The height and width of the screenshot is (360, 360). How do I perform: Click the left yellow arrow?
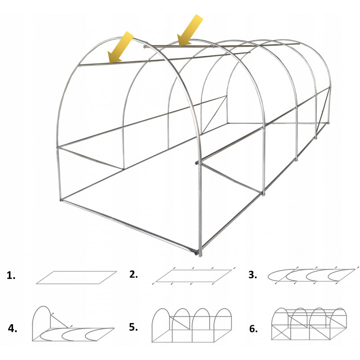coord(121,47)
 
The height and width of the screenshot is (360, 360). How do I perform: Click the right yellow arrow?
coord(190,30)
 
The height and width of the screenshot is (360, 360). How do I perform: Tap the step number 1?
coord(11,275)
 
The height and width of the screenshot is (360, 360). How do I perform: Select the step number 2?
coord(133,274)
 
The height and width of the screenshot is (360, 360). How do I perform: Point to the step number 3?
coord(252,274)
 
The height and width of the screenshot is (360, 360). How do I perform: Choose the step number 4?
coord(13,328)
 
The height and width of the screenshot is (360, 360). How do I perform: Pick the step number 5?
coord(133,327)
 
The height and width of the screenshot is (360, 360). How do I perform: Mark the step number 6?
coord(253,329)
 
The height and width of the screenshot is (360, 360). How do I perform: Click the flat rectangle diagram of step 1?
coord(76,278)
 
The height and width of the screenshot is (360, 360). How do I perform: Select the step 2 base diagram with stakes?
coord(194,276)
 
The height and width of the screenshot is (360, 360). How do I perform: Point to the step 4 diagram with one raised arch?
coord(73,324)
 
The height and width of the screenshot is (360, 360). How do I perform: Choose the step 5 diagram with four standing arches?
coord(192,325)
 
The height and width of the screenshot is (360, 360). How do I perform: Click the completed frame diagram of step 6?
coord(309,324)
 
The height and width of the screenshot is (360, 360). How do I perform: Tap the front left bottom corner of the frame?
coord(61,200)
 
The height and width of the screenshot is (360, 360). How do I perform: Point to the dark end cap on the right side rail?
coord(197,163)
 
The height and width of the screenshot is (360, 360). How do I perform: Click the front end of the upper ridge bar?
coord(145,47)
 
